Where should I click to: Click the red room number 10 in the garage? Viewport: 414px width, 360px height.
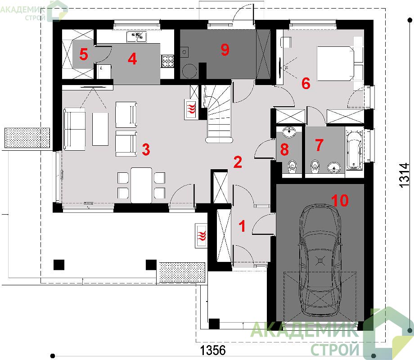(x=340, y=200)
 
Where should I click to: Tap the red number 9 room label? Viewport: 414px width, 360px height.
(x=225, y=49)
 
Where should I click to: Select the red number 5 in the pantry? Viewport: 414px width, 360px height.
(x=84, y=54)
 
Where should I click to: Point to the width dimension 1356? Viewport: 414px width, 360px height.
(x=213, y=351)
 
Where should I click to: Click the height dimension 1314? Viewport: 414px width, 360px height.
(x=404, y=175)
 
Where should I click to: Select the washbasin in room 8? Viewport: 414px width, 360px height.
(x=290, y=132)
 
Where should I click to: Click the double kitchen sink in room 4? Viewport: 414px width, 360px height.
(x=136, y=37)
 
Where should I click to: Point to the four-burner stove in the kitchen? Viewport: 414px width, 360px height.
(x=168, y=62)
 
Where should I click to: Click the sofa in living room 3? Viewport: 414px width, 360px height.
(x=75, y=129)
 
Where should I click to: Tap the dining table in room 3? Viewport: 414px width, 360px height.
(x=141, y=185)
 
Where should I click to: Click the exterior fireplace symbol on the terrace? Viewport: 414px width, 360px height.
(x=202, y=236)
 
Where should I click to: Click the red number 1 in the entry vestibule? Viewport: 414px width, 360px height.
(x=242, y=226)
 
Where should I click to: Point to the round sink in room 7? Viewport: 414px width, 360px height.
(x=334, y=167)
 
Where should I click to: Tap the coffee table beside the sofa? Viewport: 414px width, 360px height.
(x=100, y=129)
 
